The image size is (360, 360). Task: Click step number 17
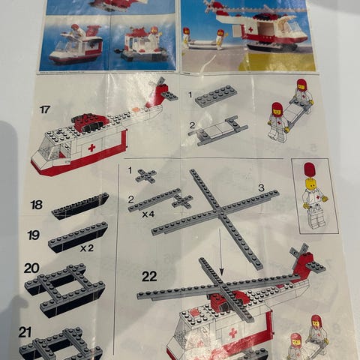point(45,109)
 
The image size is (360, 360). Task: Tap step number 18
point(37,205)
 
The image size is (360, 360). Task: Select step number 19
point(34,235)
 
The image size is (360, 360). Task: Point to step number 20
point(31,268)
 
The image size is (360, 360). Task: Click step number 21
point(25,333)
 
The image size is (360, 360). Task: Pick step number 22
point(149,277)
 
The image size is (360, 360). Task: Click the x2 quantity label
point(87,248)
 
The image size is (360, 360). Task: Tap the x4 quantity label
point(148,214)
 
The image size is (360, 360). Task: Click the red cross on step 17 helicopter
point(91,148)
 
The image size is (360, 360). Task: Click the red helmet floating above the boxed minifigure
point(310,169)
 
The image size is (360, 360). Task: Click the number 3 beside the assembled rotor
point(261,187)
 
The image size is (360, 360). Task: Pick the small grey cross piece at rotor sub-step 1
point(146,175)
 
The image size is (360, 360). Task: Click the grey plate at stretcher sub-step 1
point(217,96)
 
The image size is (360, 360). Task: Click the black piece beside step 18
point(80,206)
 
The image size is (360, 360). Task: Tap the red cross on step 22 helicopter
point(233,333)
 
